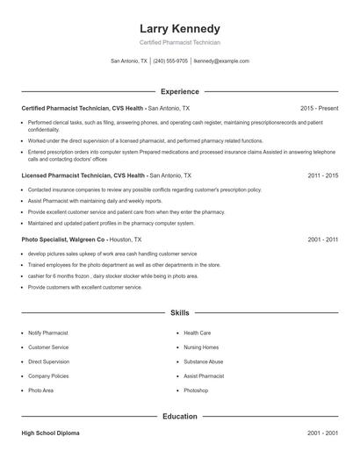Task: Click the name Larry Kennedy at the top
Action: [179, 28]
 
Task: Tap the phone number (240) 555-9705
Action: [171, 61]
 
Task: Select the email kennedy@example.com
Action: [221, 61]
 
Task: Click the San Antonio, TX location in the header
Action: [129, 61]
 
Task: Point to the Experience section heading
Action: [179, 91]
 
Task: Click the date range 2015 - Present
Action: [319, 108]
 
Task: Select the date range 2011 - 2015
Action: [322, 175]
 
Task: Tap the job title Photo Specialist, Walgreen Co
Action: [64, 239]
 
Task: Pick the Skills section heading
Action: [179, 312]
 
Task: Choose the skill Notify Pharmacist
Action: [48, 333]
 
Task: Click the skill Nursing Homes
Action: [201, 347]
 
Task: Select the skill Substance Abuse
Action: [204, 361]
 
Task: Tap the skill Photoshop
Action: [196, 390]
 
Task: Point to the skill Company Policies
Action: [49, 376]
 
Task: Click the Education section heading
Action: [179, 416]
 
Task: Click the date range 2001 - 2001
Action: [322, 433]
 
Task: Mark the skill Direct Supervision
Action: [48, 361]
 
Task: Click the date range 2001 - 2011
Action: [322, 239]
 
